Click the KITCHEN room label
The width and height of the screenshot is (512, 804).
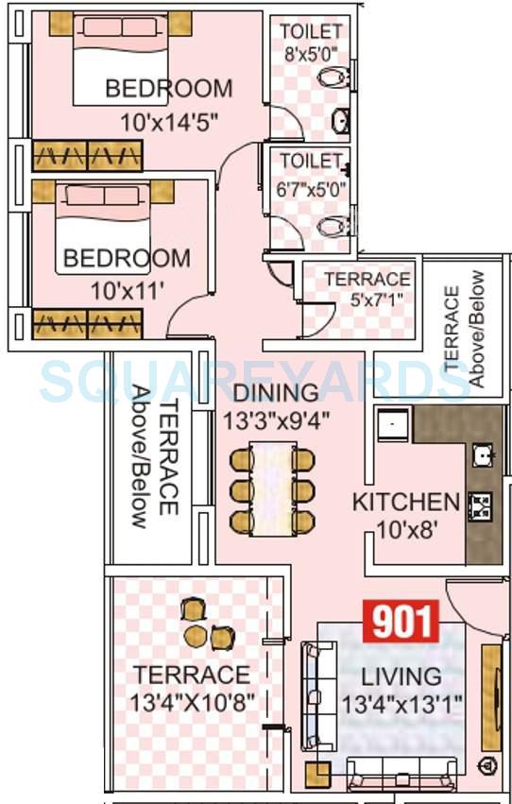[405, 502]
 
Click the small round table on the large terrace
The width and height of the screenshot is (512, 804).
[195, 632]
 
